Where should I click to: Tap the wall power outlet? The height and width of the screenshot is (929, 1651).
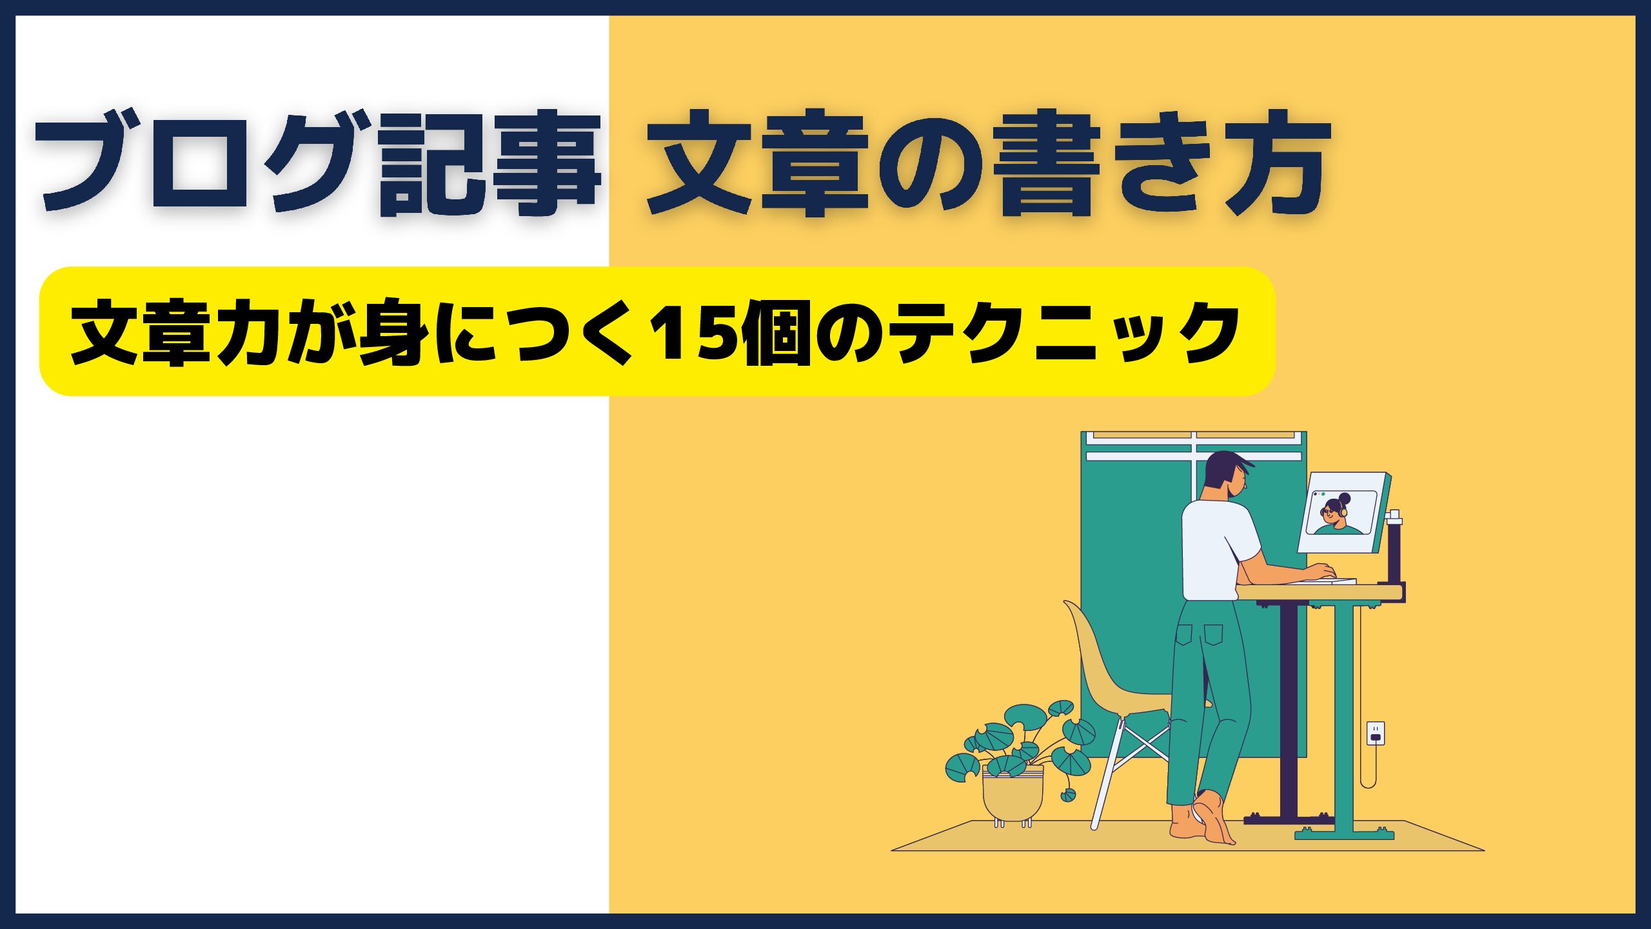click(x=1376, y=733)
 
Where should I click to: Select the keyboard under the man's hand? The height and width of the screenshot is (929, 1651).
click(x=1322, y=581)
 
